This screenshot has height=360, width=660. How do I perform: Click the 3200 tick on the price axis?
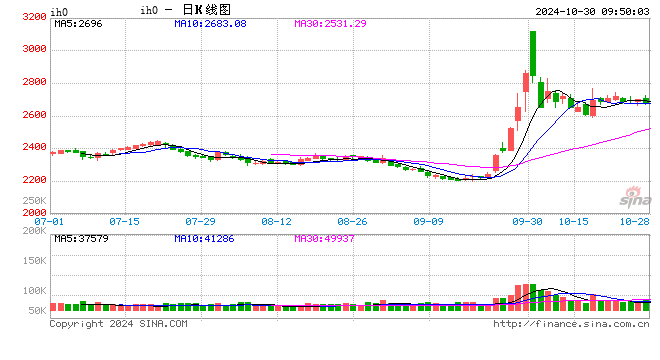(x=33, y=17)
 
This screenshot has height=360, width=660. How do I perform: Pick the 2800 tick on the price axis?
(x=33, y=83)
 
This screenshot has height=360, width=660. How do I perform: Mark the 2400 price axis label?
(x=33, y=148)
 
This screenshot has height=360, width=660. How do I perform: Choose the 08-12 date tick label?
(x=276, y=220)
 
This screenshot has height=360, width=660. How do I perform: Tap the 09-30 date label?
(x=528, y=220)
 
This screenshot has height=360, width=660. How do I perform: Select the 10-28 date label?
(x=634, y=220)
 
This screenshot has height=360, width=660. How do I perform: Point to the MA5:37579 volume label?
(x=79, y=238)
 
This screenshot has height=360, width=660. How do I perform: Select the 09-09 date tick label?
(x=428, y=220)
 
